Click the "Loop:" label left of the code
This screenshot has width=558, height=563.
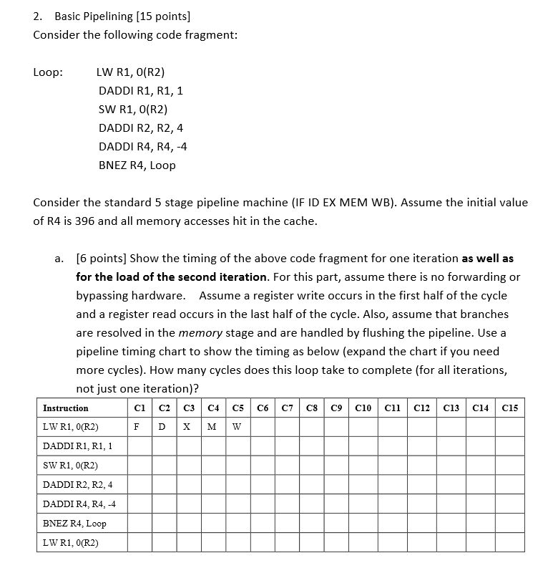point(48,72)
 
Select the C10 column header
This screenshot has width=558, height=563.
point(363,408)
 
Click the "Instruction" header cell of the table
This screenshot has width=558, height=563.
point(66,408)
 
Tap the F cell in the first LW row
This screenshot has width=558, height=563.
point(136,428)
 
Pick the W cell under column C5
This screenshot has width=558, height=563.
point(238,428)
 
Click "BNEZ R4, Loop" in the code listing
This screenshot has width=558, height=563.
point(137,165)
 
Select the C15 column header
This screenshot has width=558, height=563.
point(510,408)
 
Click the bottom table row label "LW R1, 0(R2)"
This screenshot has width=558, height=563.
point(71,542)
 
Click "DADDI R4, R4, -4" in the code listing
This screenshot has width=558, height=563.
point(142,146)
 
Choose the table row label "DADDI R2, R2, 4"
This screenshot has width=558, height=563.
point(77,485)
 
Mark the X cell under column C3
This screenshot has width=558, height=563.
point(187,428)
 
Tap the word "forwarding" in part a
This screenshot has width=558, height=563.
point(473,276)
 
